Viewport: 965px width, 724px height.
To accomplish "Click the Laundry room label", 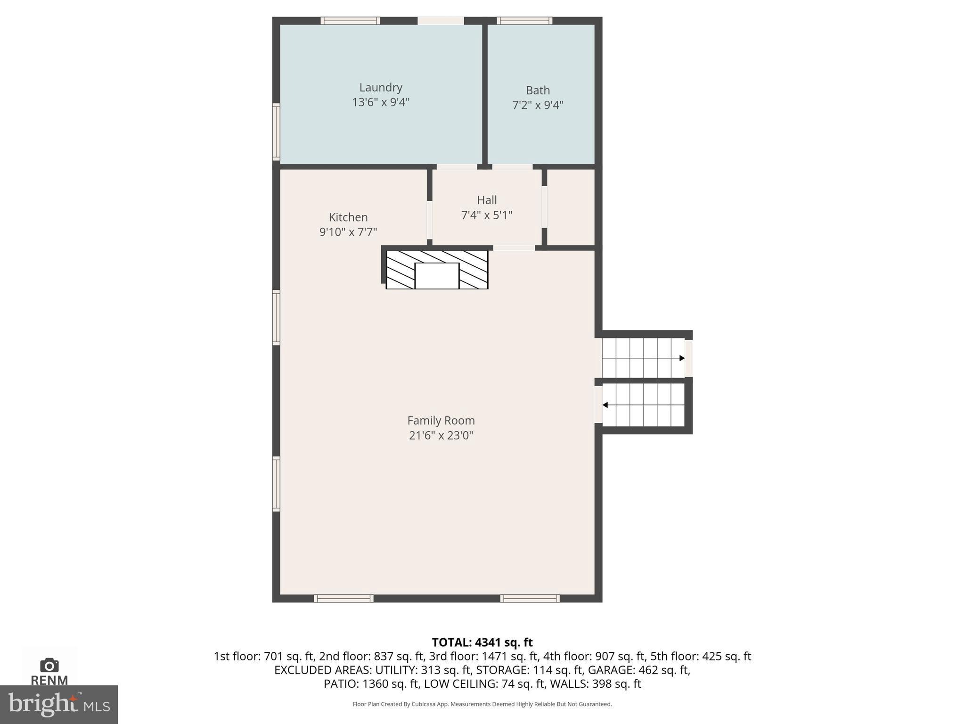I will coord(381,87).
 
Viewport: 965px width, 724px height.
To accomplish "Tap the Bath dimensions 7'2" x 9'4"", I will coord(538,105).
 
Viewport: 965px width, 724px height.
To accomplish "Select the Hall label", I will coord(487,200).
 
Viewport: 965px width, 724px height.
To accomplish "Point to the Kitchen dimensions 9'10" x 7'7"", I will coord(348,232).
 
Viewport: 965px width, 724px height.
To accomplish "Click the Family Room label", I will coord(441,420).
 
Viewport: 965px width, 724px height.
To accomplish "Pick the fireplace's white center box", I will coord(437,276).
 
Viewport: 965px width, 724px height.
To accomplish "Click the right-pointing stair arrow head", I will coord(682,358).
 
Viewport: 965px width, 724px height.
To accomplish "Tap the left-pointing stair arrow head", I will coord(605,405).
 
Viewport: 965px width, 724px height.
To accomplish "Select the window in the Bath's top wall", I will coord(524,21).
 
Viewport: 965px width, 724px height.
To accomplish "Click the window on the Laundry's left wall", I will coord(276,132).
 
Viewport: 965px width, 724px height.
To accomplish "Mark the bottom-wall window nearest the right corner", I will coord(530,599).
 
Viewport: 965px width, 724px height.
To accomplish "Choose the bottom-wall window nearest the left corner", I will coord(344,599).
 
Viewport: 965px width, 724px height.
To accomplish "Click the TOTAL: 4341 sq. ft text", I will coord(482,642).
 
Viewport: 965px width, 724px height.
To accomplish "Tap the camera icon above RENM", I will coord(49,665).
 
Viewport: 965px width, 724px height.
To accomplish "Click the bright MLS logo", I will coord(59,704).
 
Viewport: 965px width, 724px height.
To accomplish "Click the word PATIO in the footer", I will coord(340,683).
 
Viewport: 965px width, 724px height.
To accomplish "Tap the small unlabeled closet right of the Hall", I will coord(571,207).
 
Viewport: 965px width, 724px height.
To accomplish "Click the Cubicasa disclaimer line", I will coord(482,704).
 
